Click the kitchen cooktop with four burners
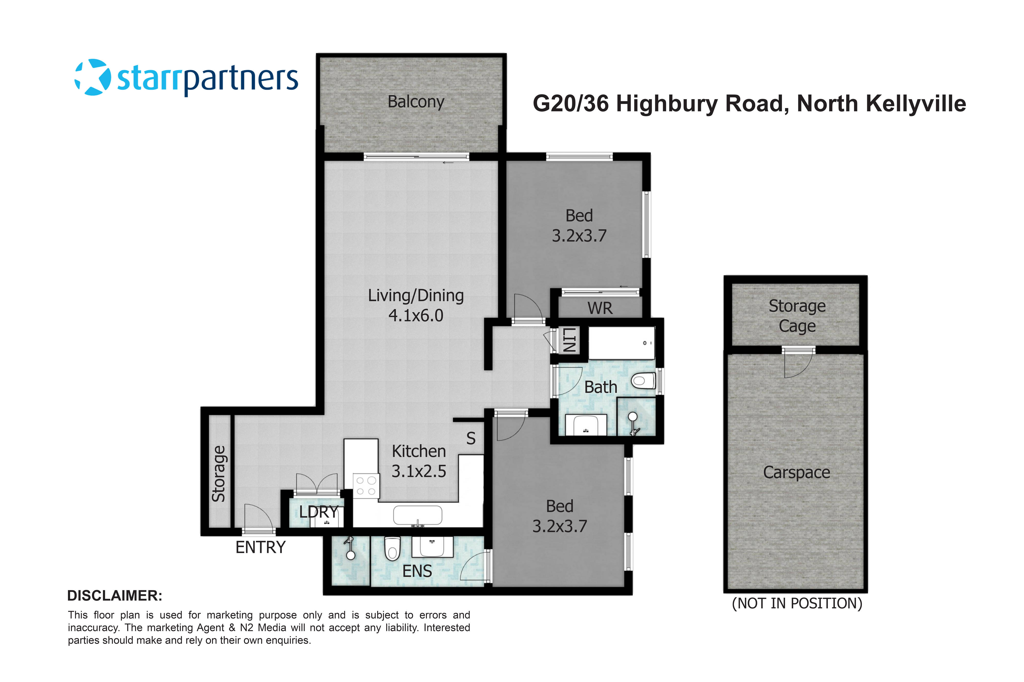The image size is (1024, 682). click(366, 486)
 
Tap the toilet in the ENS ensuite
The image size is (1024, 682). click(392, 549)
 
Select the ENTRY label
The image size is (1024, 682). click(260, 547)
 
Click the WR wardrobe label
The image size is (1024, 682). click(600, 308)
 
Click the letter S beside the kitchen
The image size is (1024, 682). click(471, 438)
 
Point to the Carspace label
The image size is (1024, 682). click(796, 472)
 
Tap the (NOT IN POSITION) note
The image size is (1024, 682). click(797, 603)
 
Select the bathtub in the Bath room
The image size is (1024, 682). click(621, 343)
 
